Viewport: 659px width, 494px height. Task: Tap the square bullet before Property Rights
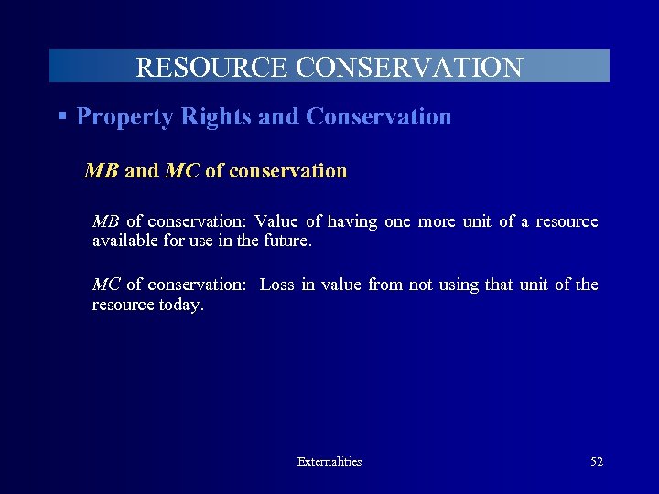point(62,116)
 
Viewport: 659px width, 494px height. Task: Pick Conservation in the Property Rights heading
point(379,117)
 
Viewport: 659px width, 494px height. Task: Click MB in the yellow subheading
point(101,171)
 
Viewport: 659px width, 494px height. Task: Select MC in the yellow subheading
point(182,171)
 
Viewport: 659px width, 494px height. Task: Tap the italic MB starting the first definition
point(105,221)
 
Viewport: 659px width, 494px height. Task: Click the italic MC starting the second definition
point(105,285)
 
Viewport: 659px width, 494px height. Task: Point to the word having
point(352,221)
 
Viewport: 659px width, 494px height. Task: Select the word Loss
point(276,285)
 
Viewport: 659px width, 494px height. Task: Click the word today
point(181,305)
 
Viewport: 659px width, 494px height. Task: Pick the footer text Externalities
point(329,462)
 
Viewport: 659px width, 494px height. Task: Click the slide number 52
point(597,462)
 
